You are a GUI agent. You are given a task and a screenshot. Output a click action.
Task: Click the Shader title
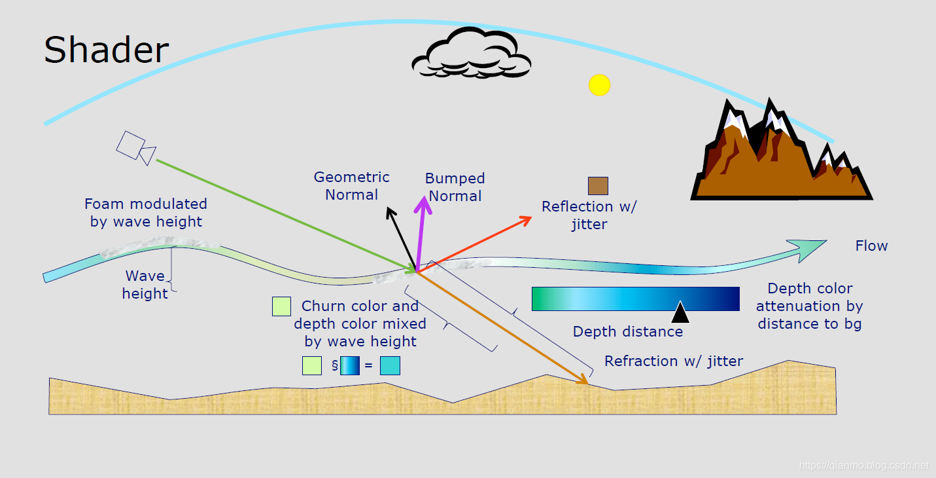pyautogui.click(x=106, y=50)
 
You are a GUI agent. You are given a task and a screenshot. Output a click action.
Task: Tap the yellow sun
pyautogui.click(x=599, y=85)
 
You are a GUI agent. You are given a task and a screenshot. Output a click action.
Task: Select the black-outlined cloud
pyautogui.click(x=471, y=54)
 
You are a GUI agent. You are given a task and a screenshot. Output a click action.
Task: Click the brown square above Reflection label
pyautogui.click(x=598, y=186)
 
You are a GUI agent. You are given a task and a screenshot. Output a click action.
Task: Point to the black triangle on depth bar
pyautogui.click(x=680, y=312)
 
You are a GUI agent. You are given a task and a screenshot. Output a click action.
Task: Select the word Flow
pyautogui.click(x=871, y=246)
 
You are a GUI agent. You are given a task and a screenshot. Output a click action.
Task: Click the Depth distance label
pyautogui.click(x=627, y=332)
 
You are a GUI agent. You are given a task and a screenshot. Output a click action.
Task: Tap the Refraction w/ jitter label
pyautogui.click(x=673, y=361)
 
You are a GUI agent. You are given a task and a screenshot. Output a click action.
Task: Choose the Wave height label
pyautogui.click(x=145, y=285)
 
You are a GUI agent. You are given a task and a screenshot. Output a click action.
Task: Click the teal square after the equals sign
pyautogui.click(x=390, y=365)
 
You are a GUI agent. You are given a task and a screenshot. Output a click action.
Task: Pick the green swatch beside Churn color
pyautogui.click(x=281, y=306)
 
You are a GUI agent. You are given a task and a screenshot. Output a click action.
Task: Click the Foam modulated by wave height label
pyautogui.click(x=146, y=213)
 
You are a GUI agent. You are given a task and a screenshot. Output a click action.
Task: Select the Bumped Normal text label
pyautogui.click(x=455, y=187)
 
